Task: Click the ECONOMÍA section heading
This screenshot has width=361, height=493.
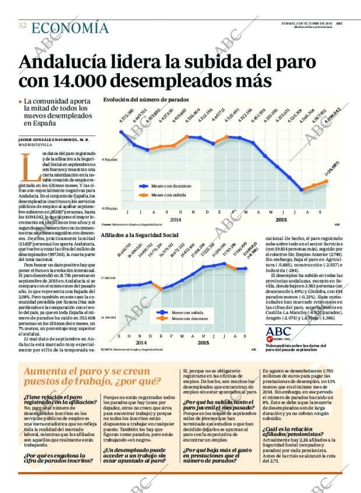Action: coord(70,28)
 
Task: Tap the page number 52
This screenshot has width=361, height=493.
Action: coord(23,26)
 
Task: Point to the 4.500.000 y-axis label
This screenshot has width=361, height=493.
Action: coord(110,159)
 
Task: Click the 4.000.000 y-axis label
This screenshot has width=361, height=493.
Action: coord(110,208)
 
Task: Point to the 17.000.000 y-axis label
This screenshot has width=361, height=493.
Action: coord(108,279)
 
